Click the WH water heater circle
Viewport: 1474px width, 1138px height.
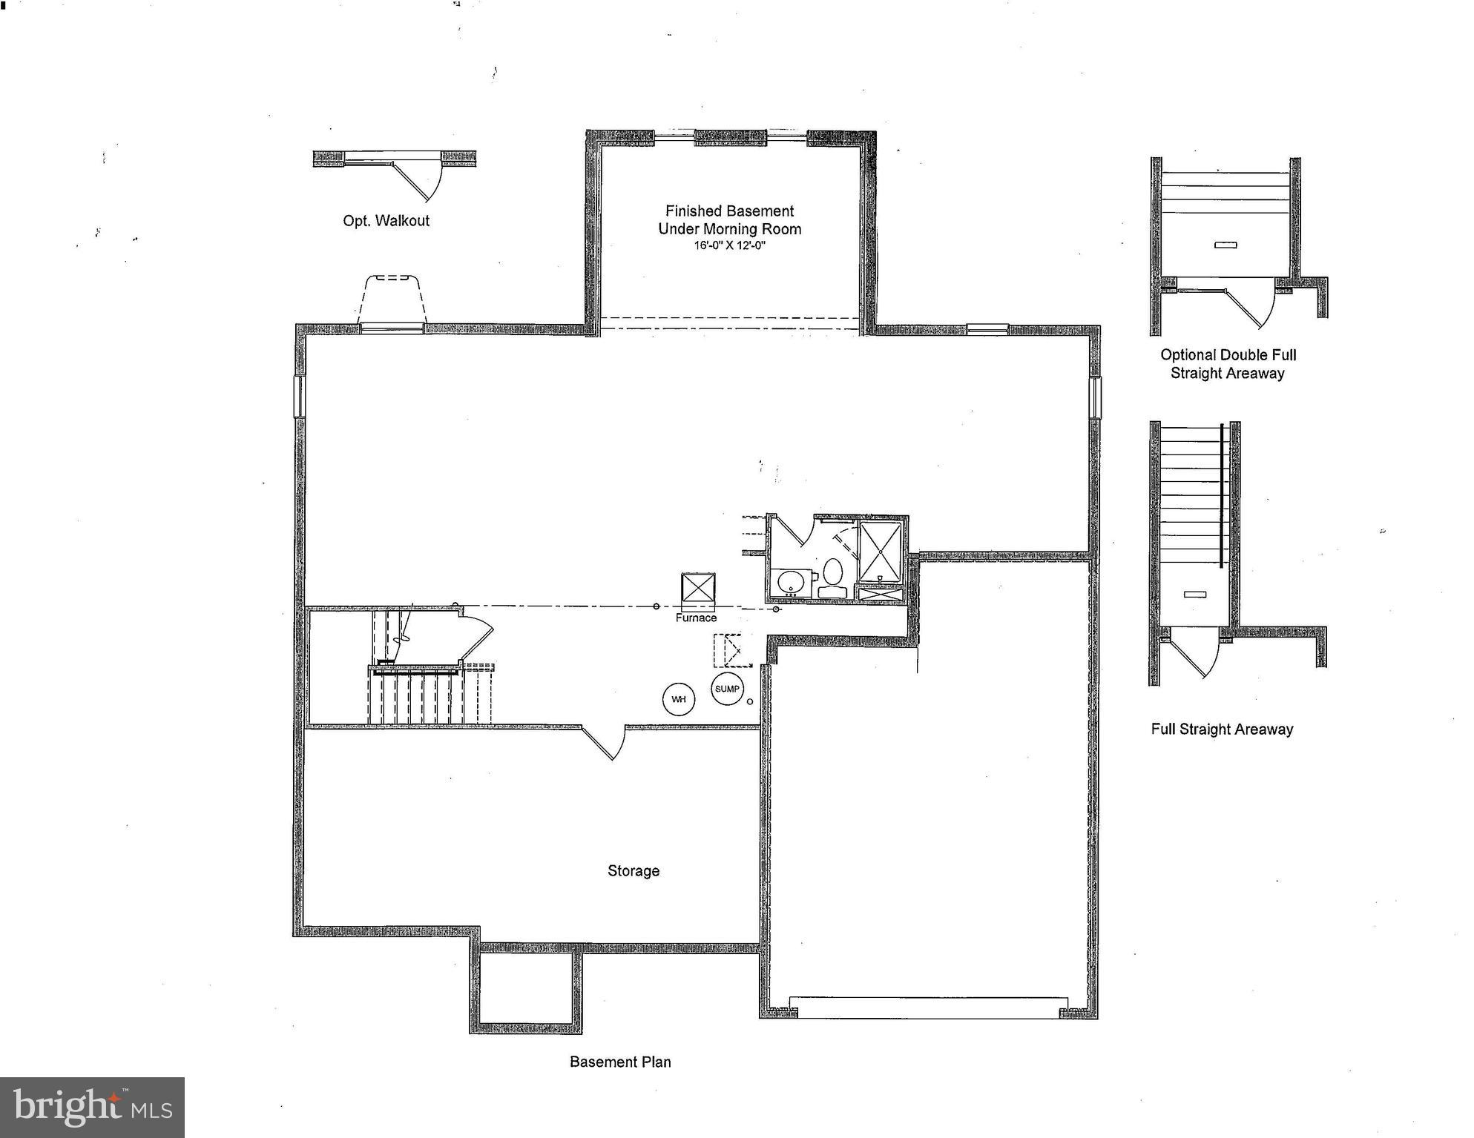click(x=678, y=699)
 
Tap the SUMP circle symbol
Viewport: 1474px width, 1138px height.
click(x=727, y=689)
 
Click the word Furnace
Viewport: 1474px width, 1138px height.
click(x=696, y=618)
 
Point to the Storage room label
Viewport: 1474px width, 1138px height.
click(x=633, y=871)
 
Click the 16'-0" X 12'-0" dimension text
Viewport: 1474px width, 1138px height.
click(x=729, y=245)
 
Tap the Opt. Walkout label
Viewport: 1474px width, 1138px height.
click(x=386, y=221)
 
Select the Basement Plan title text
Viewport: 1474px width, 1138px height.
click(x=620, y=1062)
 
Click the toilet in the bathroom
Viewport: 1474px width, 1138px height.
click(x=832, y=578)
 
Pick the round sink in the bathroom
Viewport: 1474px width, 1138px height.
click(x=791, y=583)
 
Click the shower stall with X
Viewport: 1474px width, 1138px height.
click(x=881, y=552)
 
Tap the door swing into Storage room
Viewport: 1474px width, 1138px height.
click(x=601, y=744)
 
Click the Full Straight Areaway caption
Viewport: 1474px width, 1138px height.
click(x=1222, y=730)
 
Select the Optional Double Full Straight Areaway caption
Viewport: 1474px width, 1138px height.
click(x=1228, y=364)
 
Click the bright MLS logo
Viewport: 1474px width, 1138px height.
click(x=92, y=1107)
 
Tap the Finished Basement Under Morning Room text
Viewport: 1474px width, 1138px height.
click(x=729, y=220)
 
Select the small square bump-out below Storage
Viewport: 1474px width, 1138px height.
click(x=525, y=988)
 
